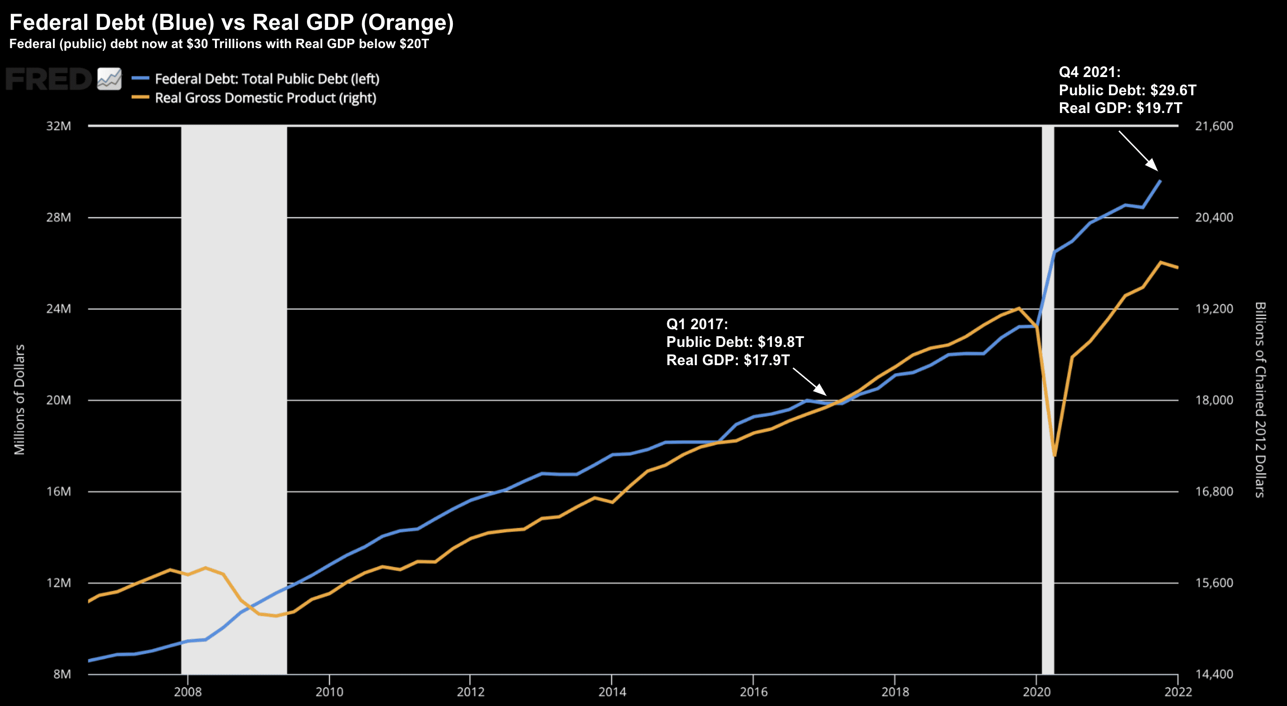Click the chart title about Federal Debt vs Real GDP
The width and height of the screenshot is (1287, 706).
tap(231, 22)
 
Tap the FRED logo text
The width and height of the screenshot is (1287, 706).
tap(49, 79)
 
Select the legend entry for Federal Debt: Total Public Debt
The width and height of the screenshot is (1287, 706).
tap(267, 79)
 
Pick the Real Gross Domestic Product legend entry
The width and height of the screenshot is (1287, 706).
tap(265, 98)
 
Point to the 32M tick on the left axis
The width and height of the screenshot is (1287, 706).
tap(58, 126)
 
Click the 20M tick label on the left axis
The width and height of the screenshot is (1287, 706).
tap(58, 400)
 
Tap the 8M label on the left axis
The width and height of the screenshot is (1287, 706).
tap(62, 674)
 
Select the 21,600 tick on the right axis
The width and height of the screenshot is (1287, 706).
tap(1214, 126)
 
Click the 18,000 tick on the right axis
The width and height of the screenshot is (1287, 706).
tap(1214, 400)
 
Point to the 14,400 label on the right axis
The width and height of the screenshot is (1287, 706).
tap(1214, 674)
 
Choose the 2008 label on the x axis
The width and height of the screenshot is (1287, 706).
tap(187, 692)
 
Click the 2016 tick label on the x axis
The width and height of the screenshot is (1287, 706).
tap(753, 692)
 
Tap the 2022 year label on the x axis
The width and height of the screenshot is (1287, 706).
tap(1178, 692)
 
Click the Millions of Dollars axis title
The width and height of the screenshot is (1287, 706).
tap(19, 399)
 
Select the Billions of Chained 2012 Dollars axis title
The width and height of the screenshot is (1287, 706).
tap(1260, 399)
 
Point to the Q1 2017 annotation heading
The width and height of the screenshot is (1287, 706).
tap(697, 324)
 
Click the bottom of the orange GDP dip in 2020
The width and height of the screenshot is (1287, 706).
tap(1054, 455)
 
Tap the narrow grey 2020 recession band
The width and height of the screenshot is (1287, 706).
tap(1048, 399)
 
